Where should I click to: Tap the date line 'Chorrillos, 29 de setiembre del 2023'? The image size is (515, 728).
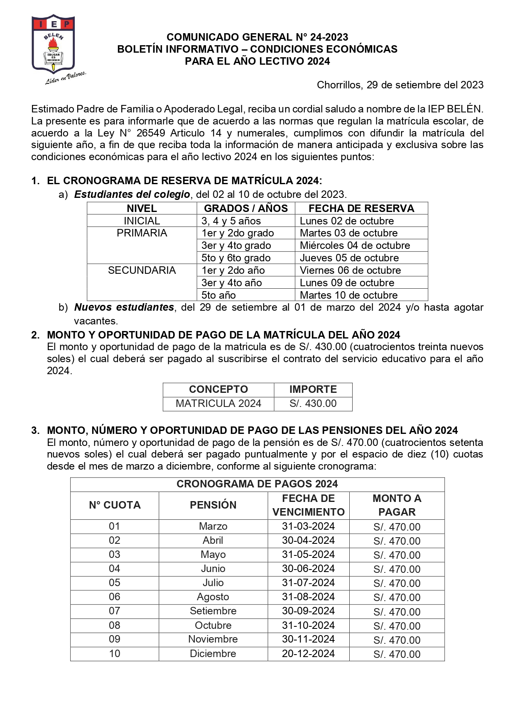coord(400,85)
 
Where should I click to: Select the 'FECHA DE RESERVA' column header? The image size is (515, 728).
coord(361,208)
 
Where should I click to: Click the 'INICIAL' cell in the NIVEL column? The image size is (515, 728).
coord(142,221)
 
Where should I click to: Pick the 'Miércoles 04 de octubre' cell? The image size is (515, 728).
coord(355,246)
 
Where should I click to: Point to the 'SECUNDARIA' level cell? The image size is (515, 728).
coord(142,270)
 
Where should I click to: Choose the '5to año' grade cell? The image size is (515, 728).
coord(218,295)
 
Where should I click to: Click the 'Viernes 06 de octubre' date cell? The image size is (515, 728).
coord(350,270)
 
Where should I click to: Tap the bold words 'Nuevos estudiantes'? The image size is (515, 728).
coord(124,307)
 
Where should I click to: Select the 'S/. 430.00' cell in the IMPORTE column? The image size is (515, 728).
coord(313,404)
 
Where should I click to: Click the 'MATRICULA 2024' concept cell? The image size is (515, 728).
coord(218,404)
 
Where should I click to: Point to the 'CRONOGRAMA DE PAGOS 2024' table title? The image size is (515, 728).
coord(257,484)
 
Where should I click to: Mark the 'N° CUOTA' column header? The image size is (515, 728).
coord(115,505)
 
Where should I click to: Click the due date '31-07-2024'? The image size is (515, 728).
coord(308,583)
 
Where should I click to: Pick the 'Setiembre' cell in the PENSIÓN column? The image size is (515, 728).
coord(213,611)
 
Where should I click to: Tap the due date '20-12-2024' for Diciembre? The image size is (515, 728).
coord(308,654)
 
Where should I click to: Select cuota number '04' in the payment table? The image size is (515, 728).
coord(115,569)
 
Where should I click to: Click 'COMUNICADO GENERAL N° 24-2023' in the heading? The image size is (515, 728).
coord(257,37)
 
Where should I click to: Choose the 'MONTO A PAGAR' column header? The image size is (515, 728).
coord(397,505)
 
